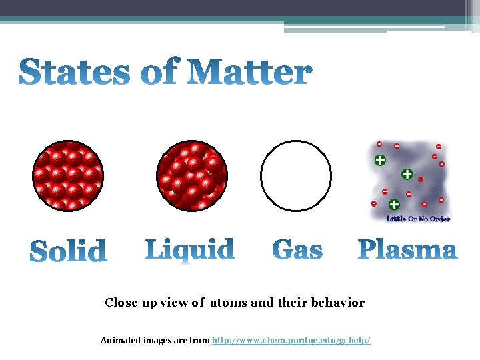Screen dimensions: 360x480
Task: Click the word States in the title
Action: [73, 73]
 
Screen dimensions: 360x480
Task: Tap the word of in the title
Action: [160, 73]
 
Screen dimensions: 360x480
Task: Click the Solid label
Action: [69, 251]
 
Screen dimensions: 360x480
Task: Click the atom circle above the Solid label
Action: [68, 176]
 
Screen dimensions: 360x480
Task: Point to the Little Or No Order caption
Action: [419, 219]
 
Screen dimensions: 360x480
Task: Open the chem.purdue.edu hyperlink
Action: [291, 341]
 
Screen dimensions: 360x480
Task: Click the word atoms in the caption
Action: [229, 303]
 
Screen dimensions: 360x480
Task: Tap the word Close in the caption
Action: [121, 303]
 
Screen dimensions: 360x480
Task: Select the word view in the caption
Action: [173, 303]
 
